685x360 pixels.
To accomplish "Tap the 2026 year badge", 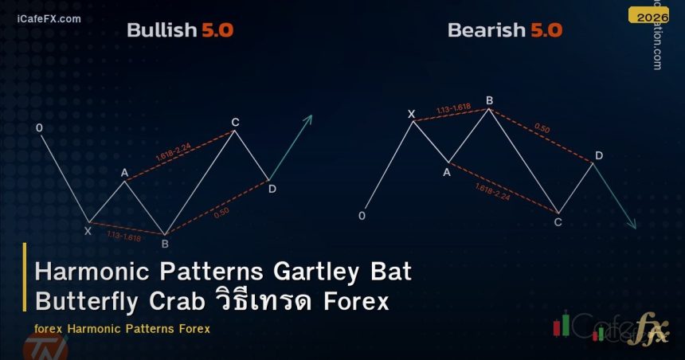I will (652, 15).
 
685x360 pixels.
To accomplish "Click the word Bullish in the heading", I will (162, 31).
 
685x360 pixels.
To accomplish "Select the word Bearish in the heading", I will (486, 31).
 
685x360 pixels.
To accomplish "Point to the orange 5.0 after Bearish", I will (545, 31).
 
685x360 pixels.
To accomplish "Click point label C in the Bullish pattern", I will (235, 122).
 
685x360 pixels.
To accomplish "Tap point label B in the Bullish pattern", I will (165, 243).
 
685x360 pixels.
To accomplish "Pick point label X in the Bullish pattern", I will (88, 231).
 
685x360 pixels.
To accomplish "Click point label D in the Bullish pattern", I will (272, 189).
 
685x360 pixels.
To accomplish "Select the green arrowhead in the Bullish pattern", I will (307, 119).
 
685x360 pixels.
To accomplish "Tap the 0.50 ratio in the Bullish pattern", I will (222, 211).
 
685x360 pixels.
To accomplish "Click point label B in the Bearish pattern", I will (489, 100).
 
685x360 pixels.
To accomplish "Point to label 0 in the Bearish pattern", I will (362, 216).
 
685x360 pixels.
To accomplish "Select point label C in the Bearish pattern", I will (558, 221).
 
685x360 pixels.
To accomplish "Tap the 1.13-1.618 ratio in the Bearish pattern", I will (452, 109).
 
